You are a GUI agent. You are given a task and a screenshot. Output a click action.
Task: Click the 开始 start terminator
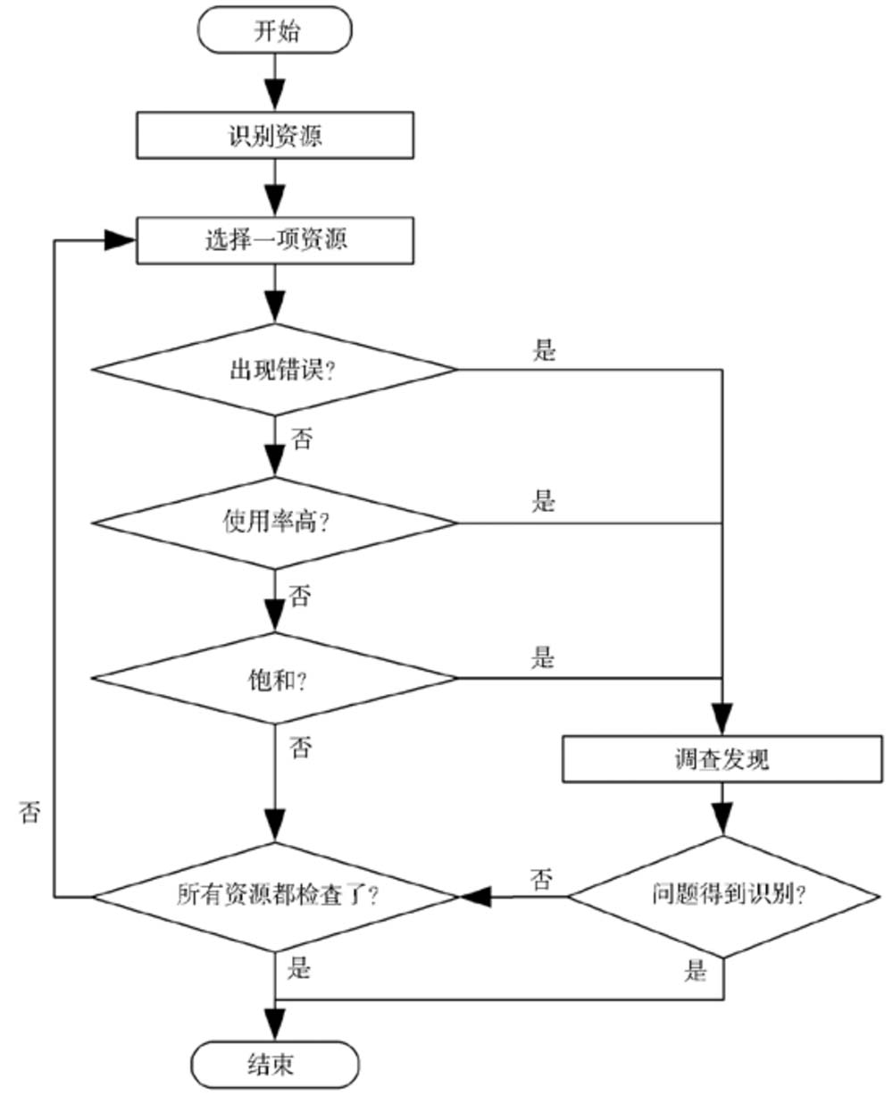click(275, 31)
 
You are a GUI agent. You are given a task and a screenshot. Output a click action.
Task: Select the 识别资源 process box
click(275, 136)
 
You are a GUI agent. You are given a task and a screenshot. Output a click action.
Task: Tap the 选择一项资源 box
click(275, 240)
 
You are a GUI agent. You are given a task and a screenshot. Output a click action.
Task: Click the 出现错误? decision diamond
click(275, 370)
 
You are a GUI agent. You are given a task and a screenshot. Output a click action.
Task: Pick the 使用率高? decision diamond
click(275, 522)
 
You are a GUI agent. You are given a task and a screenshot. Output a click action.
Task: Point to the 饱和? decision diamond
click(275, 679)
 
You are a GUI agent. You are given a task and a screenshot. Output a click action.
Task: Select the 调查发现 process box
click(722, 759)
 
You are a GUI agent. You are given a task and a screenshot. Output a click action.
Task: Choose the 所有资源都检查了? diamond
click(275, 896)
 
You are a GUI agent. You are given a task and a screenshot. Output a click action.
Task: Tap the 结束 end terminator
click(275, 1065)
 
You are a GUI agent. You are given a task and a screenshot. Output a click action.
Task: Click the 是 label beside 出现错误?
click(544, 349)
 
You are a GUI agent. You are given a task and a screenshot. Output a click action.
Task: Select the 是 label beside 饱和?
click(544, 658)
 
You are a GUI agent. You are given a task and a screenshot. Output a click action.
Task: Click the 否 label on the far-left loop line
click(30, 811)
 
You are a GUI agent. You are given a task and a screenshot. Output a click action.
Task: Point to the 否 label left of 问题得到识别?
click(541, 879)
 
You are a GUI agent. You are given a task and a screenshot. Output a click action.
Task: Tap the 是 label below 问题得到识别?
click(696, 971)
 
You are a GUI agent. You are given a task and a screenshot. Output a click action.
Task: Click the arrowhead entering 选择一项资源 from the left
click(121, 240)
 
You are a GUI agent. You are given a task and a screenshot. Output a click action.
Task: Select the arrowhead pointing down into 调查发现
click(722, 720)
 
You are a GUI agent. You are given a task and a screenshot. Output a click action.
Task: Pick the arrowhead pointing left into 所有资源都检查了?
click(474, 896)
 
